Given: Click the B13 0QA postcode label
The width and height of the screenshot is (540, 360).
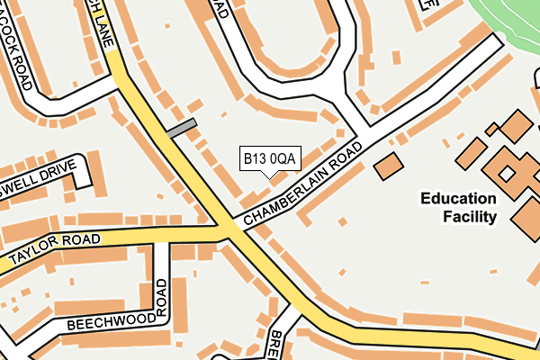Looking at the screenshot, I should coord(269,159).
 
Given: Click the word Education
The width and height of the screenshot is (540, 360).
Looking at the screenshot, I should coord(458,199).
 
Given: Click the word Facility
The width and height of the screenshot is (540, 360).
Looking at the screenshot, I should coord(470,217).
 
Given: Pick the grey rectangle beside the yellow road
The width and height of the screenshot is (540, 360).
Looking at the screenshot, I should coord(181,129).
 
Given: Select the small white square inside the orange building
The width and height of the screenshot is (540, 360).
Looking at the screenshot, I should coord(507,172).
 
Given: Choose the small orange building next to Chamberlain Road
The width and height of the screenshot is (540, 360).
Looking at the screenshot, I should coord(389,166).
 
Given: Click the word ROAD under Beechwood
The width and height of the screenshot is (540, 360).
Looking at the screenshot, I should coord(162,298).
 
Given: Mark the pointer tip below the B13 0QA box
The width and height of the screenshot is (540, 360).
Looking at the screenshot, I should coord(269,177).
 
